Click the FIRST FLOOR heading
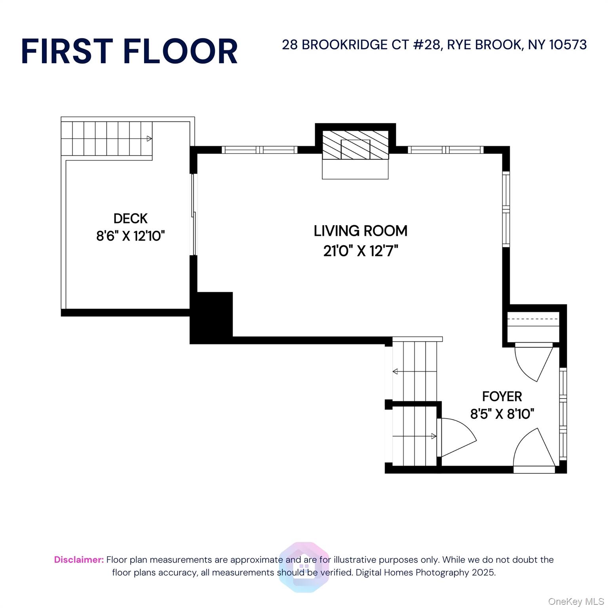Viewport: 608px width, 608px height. click(129, 51)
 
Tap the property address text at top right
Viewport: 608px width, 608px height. click(434, 45)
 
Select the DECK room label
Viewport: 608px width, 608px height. click(130, 218)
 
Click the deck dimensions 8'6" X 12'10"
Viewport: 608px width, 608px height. click(130, 236)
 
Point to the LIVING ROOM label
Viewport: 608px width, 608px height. click(360, 231)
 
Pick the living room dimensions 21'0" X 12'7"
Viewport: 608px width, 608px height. click(360, 251)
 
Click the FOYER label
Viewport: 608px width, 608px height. click(502, 396)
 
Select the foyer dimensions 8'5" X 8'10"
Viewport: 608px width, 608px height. click(502, 414)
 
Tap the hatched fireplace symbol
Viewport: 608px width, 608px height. click(355, 145)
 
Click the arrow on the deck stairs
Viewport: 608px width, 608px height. click(149, 139)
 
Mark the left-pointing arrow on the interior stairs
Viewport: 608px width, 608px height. click(395, 371)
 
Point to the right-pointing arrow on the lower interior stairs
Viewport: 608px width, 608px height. click(434, 436)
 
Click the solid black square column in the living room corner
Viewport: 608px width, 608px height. click(211, 317)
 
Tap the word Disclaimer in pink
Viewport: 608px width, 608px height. click(79, 560)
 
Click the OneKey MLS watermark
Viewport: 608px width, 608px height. click(576, 602)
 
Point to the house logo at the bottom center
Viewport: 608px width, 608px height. click(304, 567)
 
